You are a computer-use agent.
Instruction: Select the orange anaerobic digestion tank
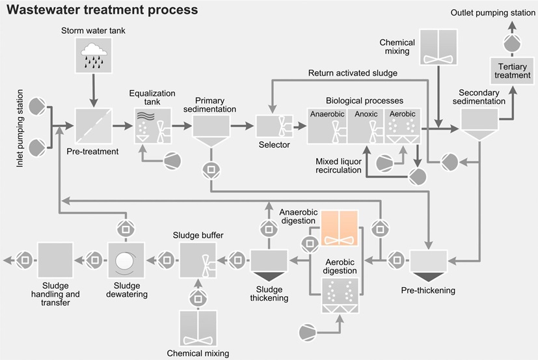(x=340, y=228)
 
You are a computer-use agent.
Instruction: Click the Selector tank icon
(x=273, y=125)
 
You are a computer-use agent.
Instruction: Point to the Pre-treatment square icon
(x=92, y=126)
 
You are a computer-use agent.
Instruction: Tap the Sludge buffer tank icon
(x=198, y=260)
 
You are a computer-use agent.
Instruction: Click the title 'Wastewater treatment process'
(x=102, y=10)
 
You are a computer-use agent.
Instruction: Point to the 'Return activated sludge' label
(x=353, y=73)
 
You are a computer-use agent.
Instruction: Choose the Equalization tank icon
(x=152, y=125)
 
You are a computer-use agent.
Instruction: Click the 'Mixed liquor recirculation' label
(x=338, y=165)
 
